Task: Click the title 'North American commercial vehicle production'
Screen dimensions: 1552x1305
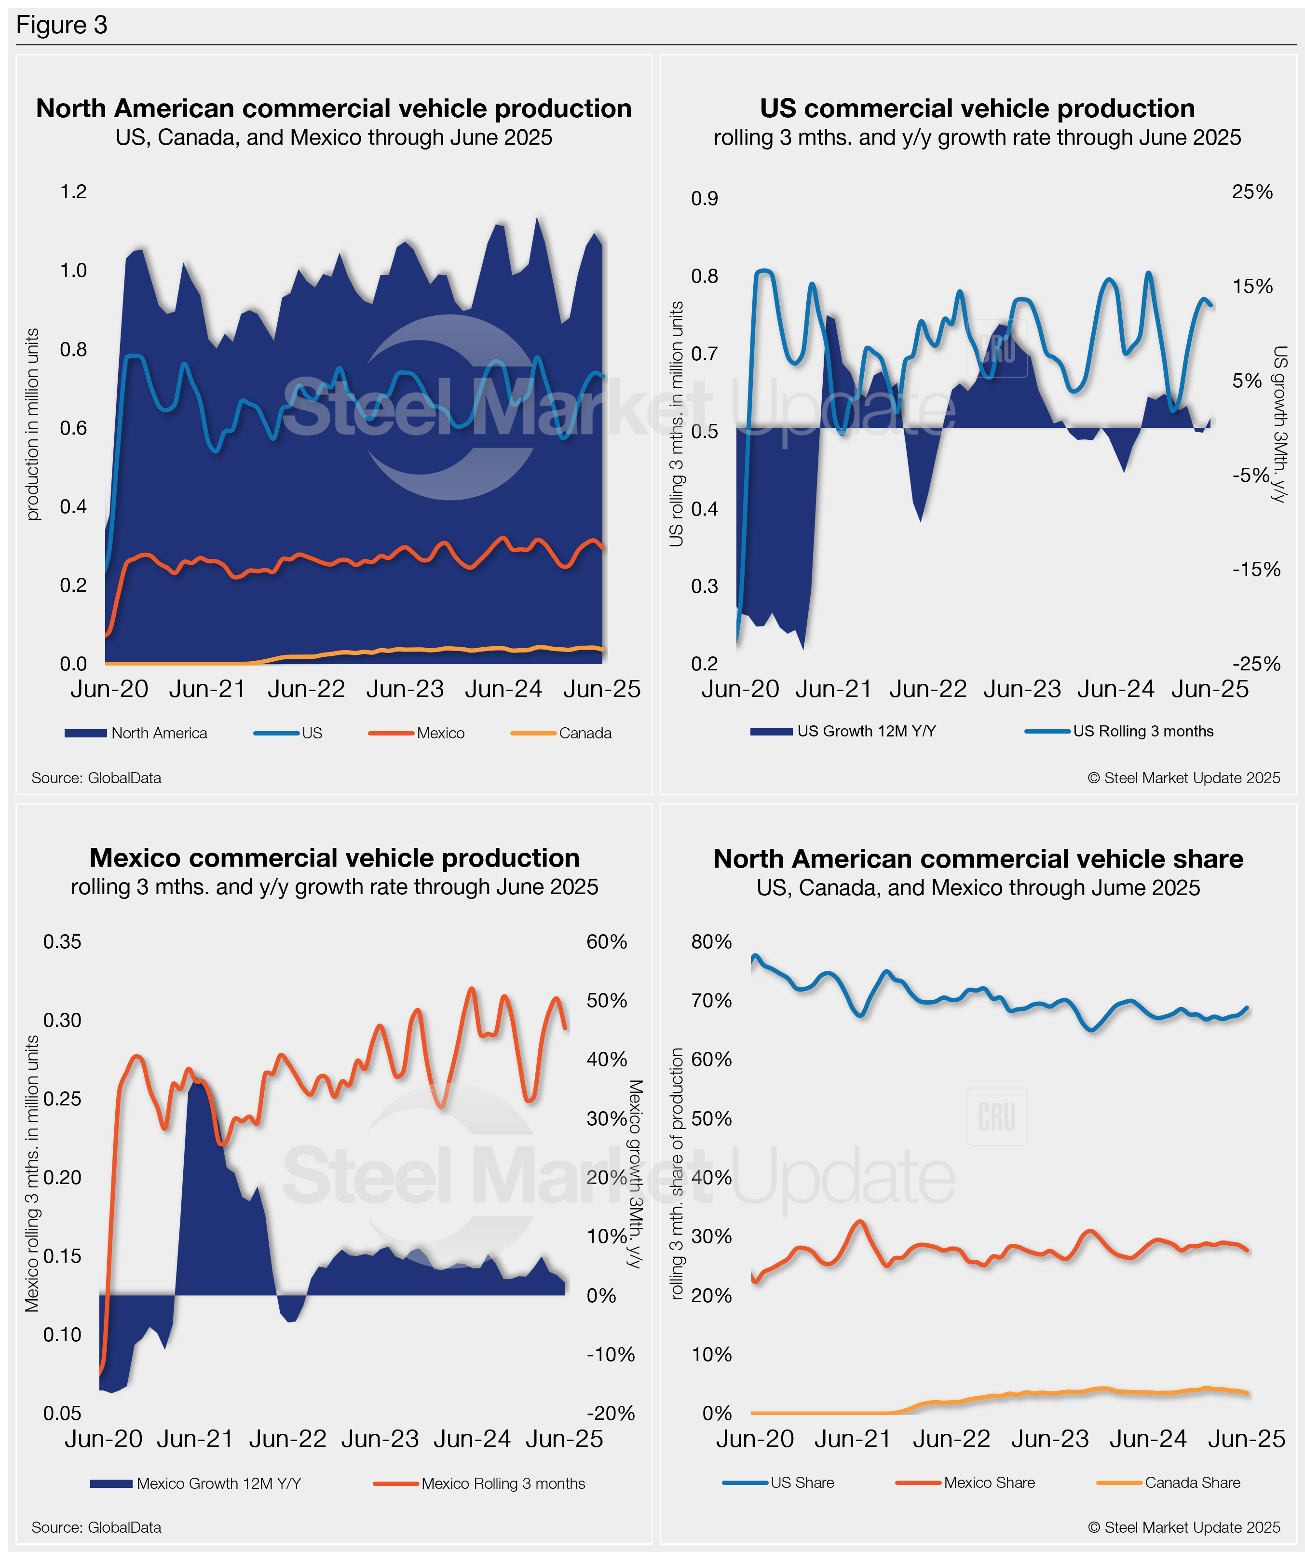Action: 334,109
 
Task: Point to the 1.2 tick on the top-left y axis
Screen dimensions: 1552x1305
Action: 73,191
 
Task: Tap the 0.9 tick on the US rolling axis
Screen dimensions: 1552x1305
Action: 704,198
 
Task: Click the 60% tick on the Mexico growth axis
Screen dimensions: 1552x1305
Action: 607,942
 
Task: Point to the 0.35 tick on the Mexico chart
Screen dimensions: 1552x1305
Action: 62,942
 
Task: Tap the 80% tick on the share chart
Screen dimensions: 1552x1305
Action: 711,942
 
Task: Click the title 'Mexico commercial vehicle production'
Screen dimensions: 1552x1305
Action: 334,858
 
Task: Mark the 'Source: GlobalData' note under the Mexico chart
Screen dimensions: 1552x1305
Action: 96,1527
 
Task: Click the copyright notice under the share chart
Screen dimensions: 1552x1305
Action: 1183,1527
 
